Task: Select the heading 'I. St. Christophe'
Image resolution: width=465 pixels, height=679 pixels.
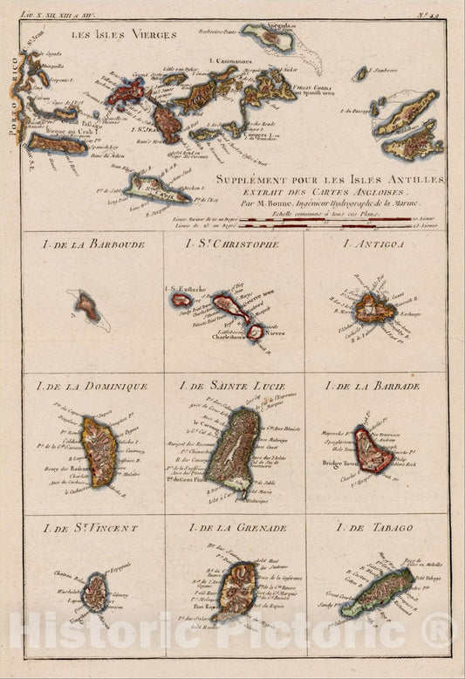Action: click(232, 244)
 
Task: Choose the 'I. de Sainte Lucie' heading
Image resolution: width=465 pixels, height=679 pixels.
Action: click(232, 386)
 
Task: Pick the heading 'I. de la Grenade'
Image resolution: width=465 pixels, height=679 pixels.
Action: click(232, 527)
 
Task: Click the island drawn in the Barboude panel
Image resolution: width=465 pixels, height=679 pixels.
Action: click(87, 306)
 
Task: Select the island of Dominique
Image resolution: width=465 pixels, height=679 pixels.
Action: click(98, 449)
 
